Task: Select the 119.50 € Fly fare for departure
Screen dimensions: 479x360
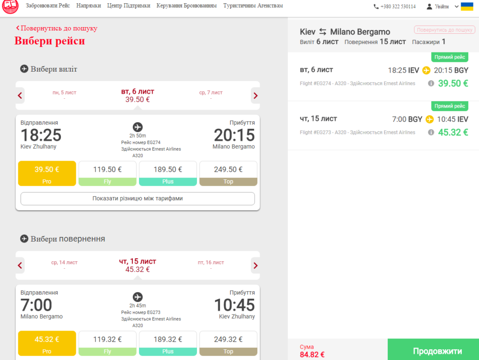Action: click(x=107, y=173)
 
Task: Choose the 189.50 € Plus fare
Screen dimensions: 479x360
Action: click(x=168, y=173)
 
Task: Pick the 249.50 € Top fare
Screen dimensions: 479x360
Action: click(x=228, y=173)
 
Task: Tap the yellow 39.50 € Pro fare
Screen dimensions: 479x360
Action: click(x=47, y=173)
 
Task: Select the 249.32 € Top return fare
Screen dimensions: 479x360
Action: click(x=228, y=343)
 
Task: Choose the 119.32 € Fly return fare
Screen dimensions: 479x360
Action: click(x=107, y=343)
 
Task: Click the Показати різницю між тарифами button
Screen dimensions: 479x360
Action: click(x=138, y=198)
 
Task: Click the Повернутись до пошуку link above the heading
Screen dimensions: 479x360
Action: click(x=57, y=28)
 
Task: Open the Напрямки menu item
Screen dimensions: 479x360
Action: click(x=88, y=6)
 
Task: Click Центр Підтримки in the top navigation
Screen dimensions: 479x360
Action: click(x=129, y=6)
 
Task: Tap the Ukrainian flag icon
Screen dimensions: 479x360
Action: click(x=467, y=7)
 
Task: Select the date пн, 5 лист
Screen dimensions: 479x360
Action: click(x=64, y=93)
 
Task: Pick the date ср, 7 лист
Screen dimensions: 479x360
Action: click(x=211, y=93)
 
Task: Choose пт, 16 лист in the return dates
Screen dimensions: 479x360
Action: click(x=211, y=263)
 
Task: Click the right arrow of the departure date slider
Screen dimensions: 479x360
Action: click(x=255, y=96)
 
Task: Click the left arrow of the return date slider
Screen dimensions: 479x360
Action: click(x=20, y=265)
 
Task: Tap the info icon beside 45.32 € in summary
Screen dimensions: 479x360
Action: click(x=431, y=132)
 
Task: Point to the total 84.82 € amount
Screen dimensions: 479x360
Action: click(x=312, y=354)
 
